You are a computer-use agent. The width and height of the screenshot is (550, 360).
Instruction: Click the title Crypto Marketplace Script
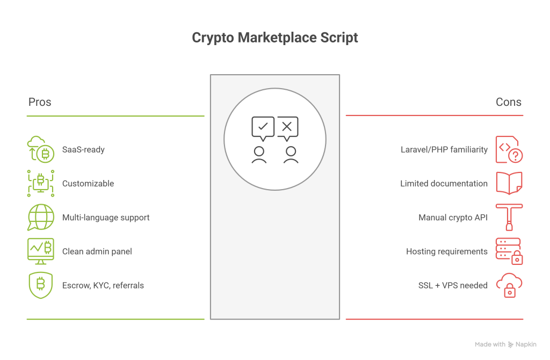[274, 38]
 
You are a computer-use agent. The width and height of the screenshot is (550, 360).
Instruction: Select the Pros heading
[40, 102]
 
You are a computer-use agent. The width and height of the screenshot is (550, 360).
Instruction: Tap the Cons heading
[508, 102]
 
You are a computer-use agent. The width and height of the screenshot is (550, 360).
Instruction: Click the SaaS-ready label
[83, 149]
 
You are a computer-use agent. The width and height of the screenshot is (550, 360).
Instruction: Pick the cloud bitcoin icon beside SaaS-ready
[40, 149]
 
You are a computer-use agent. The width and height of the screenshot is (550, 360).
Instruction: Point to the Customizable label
[88, 183]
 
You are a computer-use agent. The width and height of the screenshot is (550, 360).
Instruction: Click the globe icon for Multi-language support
[40, 218]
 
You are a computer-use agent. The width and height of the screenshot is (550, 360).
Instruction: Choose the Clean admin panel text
[97, 251]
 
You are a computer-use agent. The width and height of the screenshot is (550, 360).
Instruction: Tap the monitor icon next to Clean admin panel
[40, 251]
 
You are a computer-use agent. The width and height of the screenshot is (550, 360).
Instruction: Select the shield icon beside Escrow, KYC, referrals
[40, 285]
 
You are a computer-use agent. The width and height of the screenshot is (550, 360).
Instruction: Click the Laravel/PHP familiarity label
[444, 149]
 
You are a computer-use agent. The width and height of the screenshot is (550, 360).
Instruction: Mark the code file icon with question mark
[509, 149]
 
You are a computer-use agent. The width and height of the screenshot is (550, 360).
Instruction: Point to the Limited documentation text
[444, 183]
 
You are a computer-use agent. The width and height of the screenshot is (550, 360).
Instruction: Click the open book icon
[509, 183]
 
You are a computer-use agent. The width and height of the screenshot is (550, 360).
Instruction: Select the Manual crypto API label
[453, 218]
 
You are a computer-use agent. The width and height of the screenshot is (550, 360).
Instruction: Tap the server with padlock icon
[509, 251]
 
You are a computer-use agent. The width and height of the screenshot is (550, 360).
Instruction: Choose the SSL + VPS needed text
[453, 285]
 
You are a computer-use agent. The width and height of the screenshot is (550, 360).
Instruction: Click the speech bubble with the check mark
[263, 127]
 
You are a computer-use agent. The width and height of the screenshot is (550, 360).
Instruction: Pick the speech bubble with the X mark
[287, 127]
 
